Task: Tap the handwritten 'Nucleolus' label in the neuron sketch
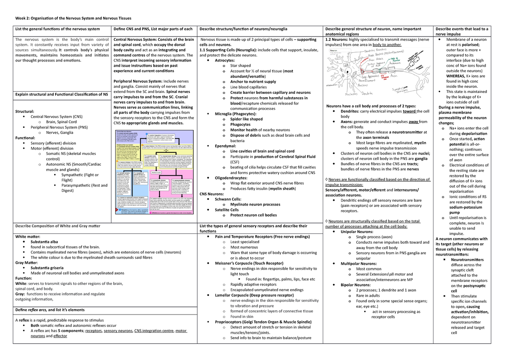pyautogui.click(x=351, y=94)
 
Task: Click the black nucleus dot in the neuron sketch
pyautogui.click(x=347, y=72)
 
